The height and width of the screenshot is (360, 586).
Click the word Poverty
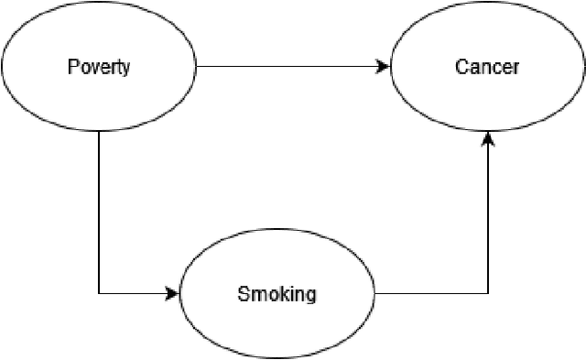point(98,67)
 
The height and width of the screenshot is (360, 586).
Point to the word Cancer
point(487,67)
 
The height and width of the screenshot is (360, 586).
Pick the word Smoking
point(277,294)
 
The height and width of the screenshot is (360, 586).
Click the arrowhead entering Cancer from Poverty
point(384,67)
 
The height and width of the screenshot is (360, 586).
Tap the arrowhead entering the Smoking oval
point(172,294)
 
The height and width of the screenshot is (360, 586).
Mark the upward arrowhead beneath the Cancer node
point(487,138)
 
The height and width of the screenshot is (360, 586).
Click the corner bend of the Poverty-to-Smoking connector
point(98,294)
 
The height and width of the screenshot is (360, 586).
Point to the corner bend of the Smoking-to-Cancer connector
point(487,294)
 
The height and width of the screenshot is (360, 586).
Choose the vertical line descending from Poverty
point(98,211)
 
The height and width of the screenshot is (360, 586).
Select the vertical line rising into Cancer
point(487,220)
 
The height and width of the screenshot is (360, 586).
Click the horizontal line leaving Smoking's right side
point(430,294)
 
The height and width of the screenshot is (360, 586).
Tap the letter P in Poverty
point(73,67)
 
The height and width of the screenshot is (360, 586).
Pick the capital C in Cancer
point(461,67)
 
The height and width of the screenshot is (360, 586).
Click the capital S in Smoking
point(243,294)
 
